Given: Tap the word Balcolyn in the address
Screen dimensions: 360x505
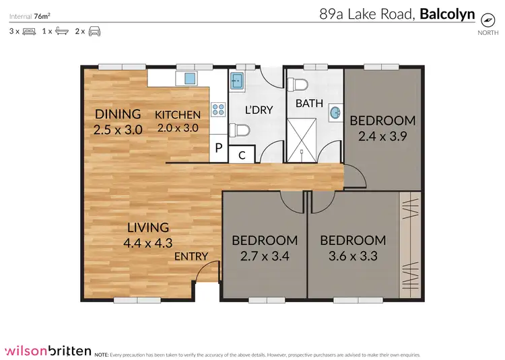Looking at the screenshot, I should [x=447, y=13].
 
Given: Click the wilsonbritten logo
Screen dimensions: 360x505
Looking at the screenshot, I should [x=46, y=350].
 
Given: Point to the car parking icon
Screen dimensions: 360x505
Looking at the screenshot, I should [x=94, y=32].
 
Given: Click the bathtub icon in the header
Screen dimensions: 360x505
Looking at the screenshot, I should [x=62, y=32].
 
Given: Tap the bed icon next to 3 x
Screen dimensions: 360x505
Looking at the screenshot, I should [x=29, y=32].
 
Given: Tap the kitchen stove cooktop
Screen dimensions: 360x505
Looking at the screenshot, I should [x=219, y=110].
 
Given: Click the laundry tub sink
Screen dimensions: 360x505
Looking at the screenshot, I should [x=237, y=81].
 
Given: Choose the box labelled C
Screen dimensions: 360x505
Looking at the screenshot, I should [x=241, y=154].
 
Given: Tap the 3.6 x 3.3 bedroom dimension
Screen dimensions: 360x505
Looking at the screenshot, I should [x=353, y=256].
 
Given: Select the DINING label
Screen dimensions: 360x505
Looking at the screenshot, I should [x=118, y=114].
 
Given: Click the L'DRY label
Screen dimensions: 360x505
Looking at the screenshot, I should [x=259, y=110].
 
